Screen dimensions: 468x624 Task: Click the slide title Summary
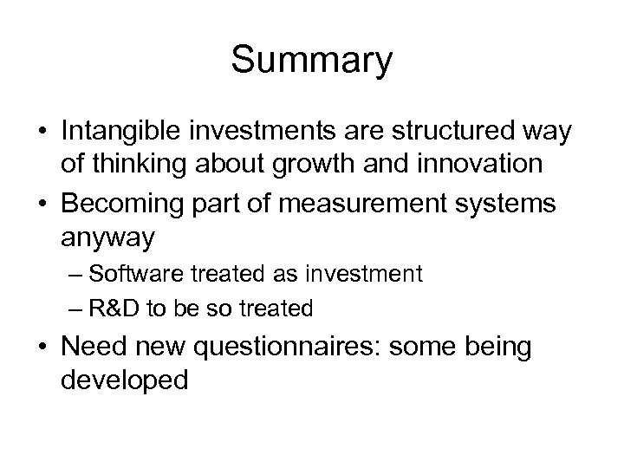click(x=312, y=61)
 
